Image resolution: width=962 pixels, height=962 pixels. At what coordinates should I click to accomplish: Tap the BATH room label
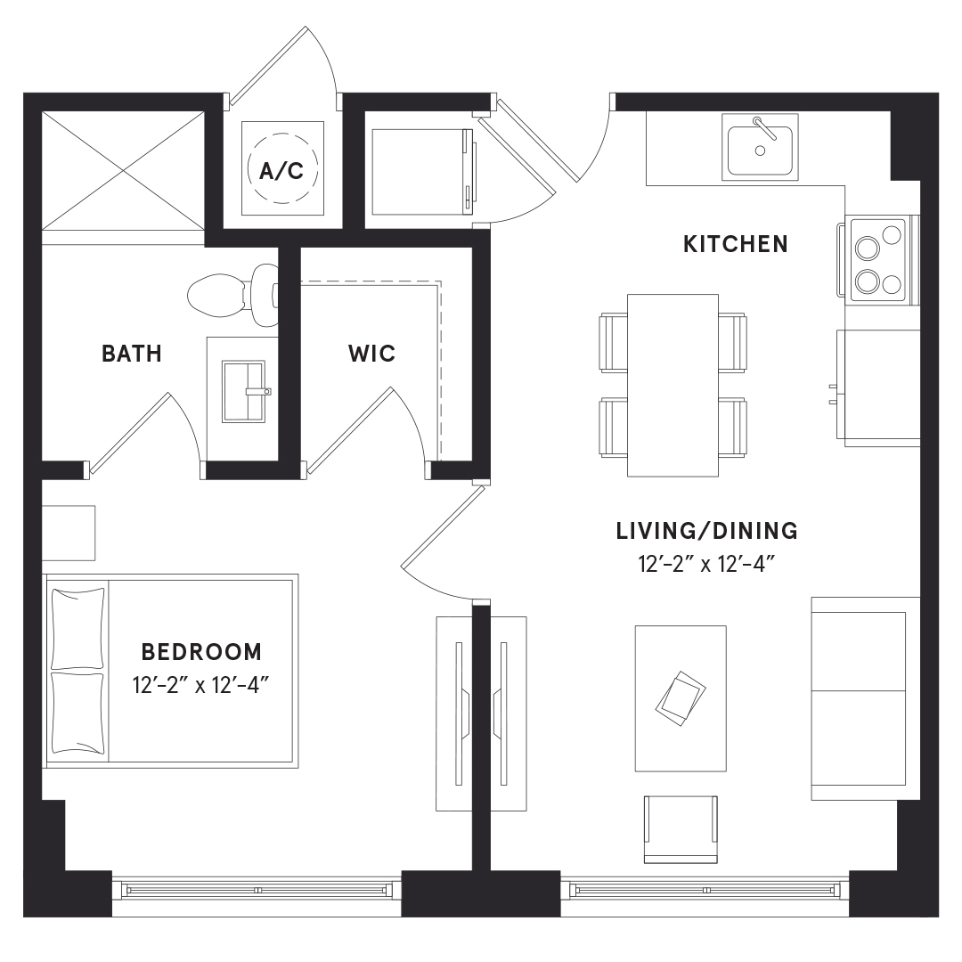click(132, 354)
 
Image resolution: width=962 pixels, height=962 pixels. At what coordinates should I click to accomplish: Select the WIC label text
click(371, 354)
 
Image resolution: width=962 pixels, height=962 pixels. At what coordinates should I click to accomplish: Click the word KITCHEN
click(736, 244)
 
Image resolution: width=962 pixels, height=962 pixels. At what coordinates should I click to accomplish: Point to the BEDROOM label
click(202, 651)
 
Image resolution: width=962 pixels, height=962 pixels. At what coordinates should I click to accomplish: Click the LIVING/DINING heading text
click(706, 531)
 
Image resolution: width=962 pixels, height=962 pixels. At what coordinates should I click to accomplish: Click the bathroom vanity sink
click(244, 392)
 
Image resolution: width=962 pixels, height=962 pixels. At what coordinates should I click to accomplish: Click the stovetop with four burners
click(877, 261)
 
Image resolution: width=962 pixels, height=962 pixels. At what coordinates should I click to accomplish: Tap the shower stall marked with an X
click(123, 170)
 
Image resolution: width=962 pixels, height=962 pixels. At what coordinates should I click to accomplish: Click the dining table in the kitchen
click(673, 386)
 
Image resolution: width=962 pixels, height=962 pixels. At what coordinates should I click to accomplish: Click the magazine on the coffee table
click(681, 698)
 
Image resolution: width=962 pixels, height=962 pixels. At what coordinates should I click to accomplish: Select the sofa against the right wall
click(866, 698)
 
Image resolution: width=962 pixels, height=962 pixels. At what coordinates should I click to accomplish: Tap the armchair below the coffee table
click(681, 829)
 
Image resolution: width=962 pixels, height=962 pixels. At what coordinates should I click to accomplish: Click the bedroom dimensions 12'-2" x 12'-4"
click(201, 685)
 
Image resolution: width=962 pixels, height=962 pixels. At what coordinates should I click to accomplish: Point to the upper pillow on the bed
click(77, 628)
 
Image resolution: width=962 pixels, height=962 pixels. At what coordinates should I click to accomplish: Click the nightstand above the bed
click(68, 533)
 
